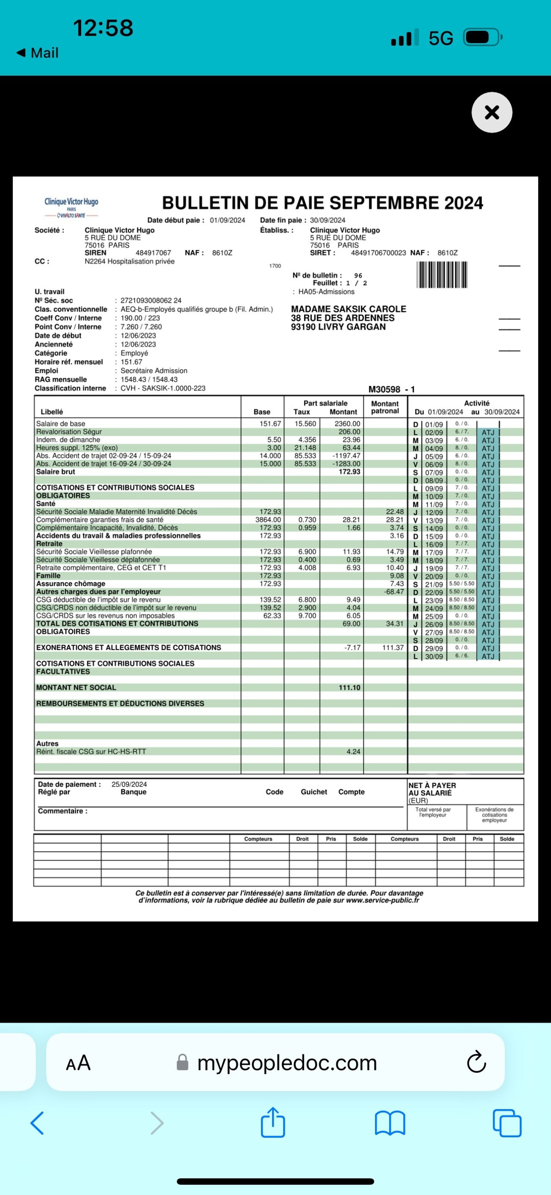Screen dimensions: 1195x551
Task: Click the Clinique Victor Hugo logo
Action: tap(71, 206)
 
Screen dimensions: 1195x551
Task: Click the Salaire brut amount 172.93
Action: tap(349, 472)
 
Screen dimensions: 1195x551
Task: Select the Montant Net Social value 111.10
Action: tap(349, 688)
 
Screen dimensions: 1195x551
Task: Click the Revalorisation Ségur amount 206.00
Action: tap(349, 431)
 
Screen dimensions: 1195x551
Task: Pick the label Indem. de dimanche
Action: tap(68, 440)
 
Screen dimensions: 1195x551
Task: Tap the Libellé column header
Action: tap(52, 412)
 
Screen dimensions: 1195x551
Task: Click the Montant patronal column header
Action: tap(385, 407)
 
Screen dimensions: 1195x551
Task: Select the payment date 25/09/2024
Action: tap(129, 785)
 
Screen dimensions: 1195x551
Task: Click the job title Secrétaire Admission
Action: tap(154, 371)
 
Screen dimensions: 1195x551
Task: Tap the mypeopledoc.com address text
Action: tap(287, 1063)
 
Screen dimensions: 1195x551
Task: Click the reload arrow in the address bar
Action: tap(476, 1063)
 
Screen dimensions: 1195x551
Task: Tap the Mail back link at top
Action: tap(38, 53)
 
